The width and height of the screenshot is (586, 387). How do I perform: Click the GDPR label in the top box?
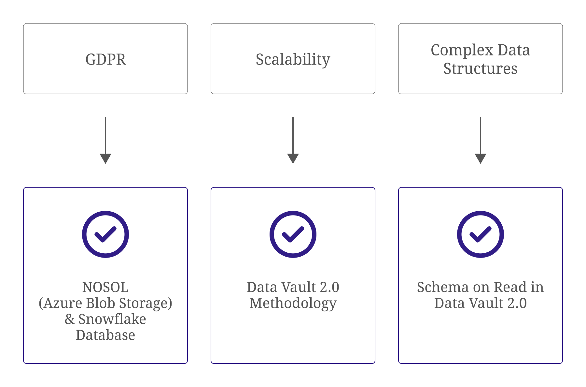(105, 59)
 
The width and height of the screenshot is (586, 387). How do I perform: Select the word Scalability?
(293, 59)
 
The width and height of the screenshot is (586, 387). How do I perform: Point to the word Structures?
(480, 69)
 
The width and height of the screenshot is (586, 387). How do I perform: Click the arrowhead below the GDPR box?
(105, 158)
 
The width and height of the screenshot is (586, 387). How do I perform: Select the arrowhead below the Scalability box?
(293, 158)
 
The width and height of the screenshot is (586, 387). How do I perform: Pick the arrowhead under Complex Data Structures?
(480, 158)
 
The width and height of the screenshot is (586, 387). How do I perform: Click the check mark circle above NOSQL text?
(105, 234)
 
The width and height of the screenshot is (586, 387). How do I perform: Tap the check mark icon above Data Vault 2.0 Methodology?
(293, 234)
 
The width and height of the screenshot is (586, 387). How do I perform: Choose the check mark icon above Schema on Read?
(480, 234)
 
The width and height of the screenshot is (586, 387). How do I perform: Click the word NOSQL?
(105, 287)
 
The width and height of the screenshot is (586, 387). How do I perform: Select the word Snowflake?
(112, 319)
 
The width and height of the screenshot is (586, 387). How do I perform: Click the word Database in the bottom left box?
(105, 335)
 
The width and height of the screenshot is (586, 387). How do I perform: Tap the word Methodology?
(293, 304)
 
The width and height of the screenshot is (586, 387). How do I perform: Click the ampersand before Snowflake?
(69, 319)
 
